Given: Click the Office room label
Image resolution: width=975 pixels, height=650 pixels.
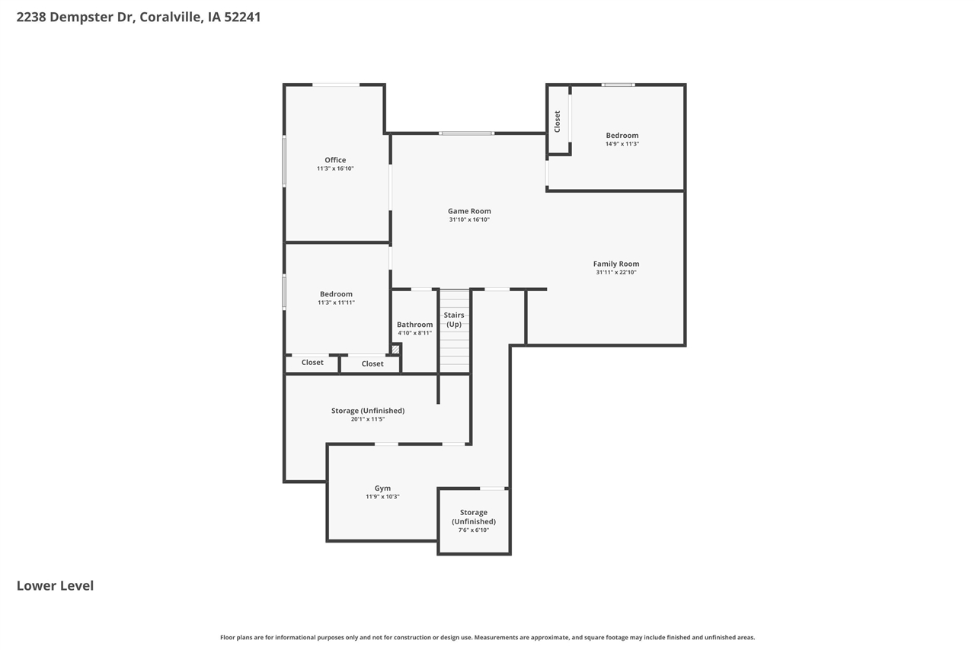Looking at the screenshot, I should tap(335, 160).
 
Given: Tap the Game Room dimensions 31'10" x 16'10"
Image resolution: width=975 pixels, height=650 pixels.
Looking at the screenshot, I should tap(469, 219).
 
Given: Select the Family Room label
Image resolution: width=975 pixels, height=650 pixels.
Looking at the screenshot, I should tap(616, 264).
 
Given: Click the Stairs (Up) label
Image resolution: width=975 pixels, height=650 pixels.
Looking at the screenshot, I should tap(454, 319).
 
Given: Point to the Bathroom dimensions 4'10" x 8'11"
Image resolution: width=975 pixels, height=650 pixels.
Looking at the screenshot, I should tap(414, 333).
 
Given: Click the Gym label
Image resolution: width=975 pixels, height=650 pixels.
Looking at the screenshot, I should tap(382, 488).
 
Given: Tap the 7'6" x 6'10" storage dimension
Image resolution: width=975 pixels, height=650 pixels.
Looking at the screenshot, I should tap(474, 530).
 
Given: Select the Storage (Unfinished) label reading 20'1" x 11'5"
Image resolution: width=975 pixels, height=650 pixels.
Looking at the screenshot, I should tap(368, 411).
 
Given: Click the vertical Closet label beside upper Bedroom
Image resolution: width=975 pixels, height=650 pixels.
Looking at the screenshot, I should tap(558, 121).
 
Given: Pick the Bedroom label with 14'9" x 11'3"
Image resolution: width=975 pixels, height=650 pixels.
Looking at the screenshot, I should tap(622, 136).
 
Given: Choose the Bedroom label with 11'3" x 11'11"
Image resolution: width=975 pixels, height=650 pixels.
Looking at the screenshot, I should tap(336, 294).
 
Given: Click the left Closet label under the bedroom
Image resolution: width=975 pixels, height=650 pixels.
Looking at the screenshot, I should tap(312, 363).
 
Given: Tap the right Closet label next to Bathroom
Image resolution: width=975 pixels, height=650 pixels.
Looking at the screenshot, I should tap(372, 364).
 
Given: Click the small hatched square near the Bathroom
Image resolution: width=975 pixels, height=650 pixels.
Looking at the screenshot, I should tap(395, 349).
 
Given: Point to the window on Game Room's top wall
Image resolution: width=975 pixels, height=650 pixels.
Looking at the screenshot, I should tap(466, 133).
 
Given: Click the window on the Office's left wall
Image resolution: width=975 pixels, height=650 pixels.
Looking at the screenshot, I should tap(284, 161).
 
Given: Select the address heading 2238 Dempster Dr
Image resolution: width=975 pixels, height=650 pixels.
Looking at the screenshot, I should tap(139, 17).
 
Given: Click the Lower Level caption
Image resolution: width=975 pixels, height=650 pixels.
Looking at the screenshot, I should tap(55, 586).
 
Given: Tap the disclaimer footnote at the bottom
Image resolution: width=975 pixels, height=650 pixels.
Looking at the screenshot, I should tap(487, 637).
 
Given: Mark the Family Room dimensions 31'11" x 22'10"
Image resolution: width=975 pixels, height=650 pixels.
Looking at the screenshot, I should tap(616, 272).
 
